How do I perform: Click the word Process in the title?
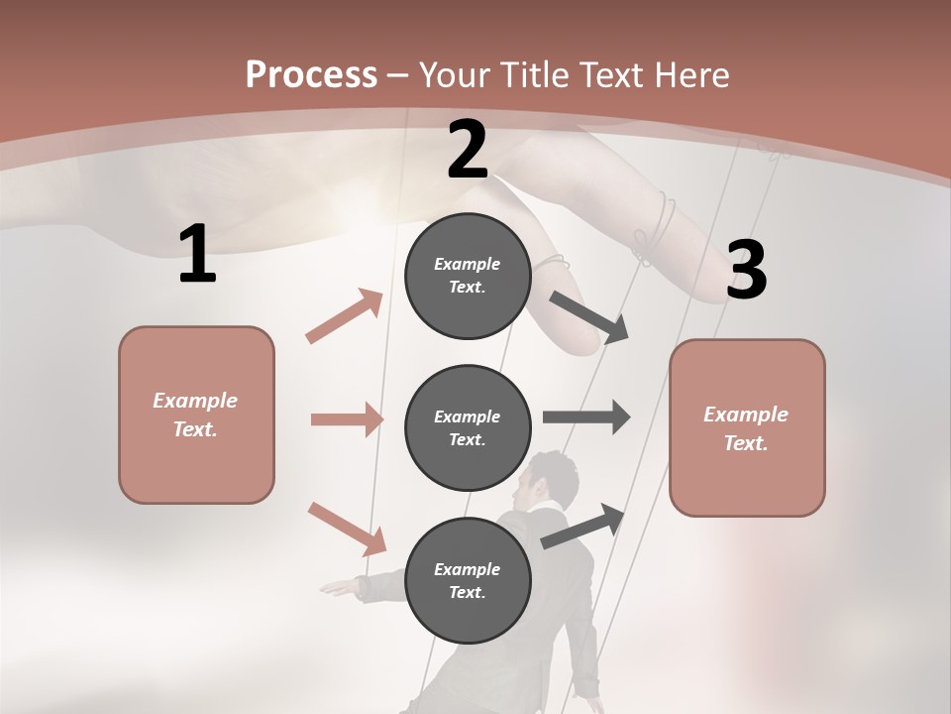coord(311,75)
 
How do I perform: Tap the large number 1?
coord(197,255)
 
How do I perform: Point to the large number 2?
coord(467,151)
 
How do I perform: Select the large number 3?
coord(746,271)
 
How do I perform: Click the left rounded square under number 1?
coord(196,415)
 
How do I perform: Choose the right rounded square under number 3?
coord(747,427)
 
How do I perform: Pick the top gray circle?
coord(468,276)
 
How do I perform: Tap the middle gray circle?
coord(468,427)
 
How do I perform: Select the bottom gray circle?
coord(468,580)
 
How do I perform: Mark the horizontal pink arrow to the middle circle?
coord(347,419)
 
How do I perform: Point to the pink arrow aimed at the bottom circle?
coord(347,529)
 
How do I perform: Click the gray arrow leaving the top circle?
coord(589,316)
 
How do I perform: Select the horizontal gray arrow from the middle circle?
coord(586,416)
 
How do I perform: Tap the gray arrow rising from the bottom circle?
coord(583,525)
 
